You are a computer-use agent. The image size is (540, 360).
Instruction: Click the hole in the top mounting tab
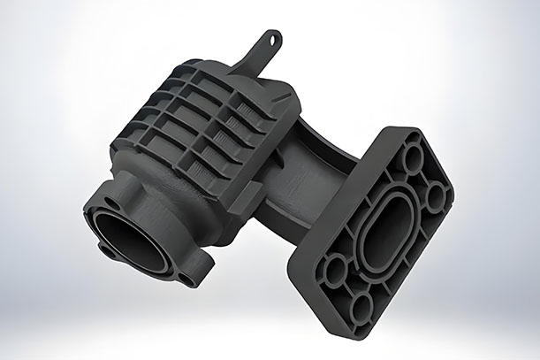pos(275,39)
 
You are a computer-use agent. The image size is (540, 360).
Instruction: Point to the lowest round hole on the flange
pos(363,305)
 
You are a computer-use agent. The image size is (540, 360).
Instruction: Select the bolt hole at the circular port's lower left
pos(107,251)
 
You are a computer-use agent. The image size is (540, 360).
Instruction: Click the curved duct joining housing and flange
pos(292,177)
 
